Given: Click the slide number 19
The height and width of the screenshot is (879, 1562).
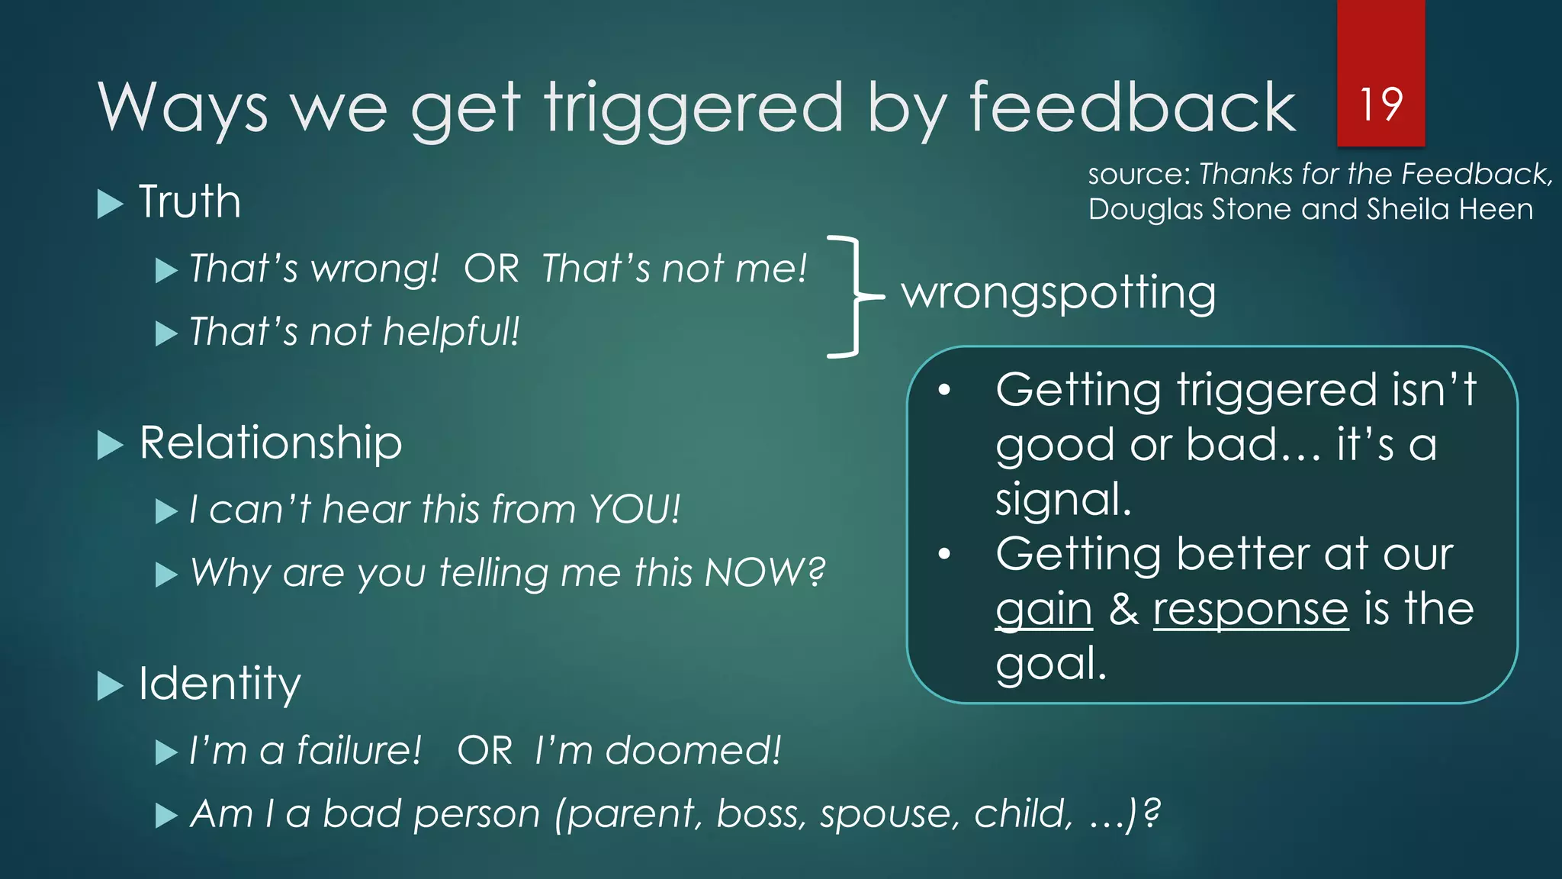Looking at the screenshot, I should click(x=1380, y=105).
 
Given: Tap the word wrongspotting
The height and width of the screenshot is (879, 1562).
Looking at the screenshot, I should click(x=1059, y=293).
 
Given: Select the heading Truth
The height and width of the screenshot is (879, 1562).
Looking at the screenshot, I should click(x=190, y=202).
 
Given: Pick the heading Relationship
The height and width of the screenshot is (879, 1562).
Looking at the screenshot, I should click(x=271, y=443).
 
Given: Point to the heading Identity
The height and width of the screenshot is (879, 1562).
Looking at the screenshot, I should click(x=220, y=684).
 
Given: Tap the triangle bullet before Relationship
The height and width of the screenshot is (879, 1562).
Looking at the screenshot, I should click(x=111, y=445).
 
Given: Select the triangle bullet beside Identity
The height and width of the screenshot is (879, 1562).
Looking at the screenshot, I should click(x=111, y=686).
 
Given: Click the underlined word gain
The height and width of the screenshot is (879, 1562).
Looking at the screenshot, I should click(x=1044, y=610).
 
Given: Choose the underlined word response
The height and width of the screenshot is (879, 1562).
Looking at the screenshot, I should click(x=1251, y=610).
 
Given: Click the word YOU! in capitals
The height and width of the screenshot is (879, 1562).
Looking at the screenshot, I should click(x=635, y=509).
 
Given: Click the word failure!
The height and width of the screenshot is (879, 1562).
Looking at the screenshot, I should click(x=358, y=750).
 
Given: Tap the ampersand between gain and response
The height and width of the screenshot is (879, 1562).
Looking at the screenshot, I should click(x=1123, y=610).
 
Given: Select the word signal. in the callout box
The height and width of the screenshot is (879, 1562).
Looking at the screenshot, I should click(x=1063, y=500).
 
